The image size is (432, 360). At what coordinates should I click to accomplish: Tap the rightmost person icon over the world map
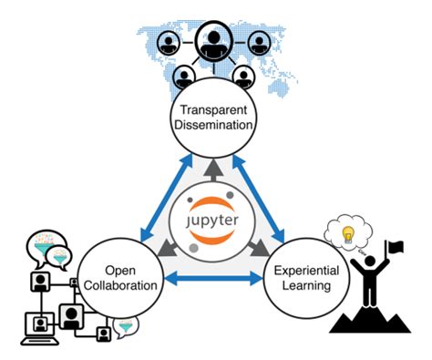click(x=259, y=42)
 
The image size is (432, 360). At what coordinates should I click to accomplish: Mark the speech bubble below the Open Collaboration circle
click(x=127, y=323)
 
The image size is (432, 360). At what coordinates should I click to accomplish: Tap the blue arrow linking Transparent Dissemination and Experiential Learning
click(x=264, y=191)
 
